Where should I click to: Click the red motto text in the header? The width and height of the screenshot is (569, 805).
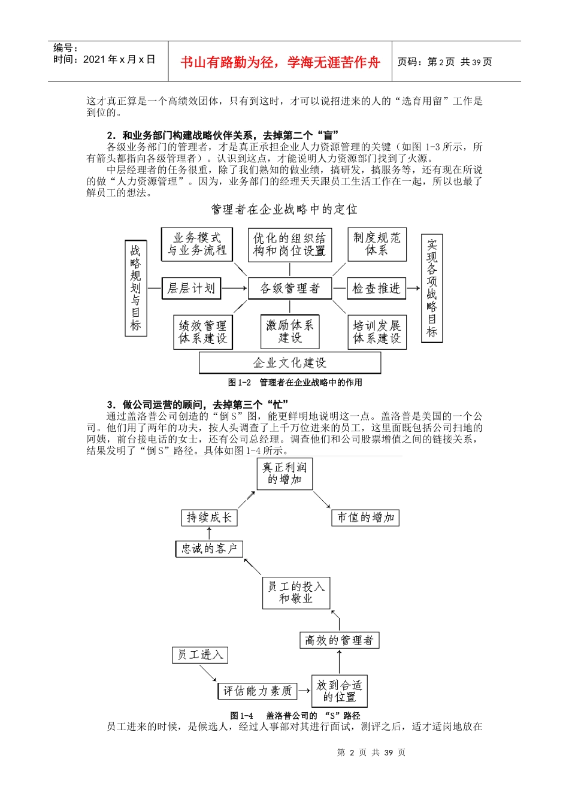pyautogui.click(x=280, y=62)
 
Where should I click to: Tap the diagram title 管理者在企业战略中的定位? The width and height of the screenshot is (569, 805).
pyautogui.click(x=284, y=209)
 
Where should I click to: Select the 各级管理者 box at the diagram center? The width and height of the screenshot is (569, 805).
pyautogui.click(x=290, y=289)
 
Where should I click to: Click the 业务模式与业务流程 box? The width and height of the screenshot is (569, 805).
pyautogui.click(x=197, y=244)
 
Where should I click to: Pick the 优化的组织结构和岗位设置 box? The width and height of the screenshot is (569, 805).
pyautogui.click(x=290, y=244)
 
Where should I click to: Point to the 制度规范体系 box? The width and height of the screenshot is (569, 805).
pyautogui.click(x=377, y=244)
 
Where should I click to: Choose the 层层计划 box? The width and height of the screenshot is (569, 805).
pyautogui.click(x=191, y=288)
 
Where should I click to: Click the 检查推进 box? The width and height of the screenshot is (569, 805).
pyautogui.click(x=376, y=288)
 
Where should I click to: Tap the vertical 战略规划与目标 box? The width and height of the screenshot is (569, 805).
pyautogui.click(x=136, y=287)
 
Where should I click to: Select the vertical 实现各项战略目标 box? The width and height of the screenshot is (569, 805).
pyautogui.click(x=432, y=288)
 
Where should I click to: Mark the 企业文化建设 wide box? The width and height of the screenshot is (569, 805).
pyautogui.click(x=290, y=363)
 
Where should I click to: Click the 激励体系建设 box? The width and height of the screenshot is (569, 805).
pyautogui.click(x=290, y=332)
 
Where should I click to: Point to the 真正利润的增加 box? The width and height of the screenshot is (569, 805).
pyautogui.click(x=284, y=474)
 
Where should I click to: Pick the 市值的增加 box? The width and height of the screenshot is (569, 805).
pyautogui.click(x=365, y=517)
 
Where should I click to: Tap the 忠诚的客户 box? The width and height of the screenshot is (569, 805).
pyautogui.click(x=210, y=549)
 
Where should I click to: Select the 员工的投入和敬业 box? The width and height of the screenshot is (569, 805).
pyautogui.click(x=296, y=593)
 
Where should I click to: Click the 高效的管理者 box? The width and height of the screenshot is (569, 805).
pyautogui.click(x=339, y=640)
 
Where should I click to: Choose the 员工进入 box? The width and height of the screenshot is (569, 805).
pyautogui.click(x=200, y=655)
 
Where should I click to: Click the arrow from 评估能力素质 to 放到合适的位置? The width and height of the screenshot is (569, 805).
pyautogui.click(x=304, y=691)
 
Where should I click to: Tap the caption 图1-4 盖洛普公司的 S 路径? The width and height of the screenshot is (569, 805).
pyautogui.click(x=295, y=716)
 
